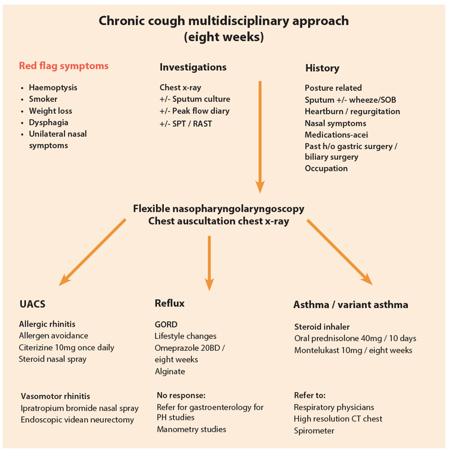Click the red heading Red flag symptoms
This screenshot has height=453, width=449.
point(63,66)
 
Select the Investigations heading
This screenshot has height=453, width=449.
point(193,67)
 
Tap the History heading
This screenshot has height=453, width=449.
point(322,68)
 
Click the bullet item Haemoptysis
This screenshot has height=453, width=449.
point(53,88)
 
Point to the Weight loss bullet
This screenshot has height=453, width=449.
point(51,111)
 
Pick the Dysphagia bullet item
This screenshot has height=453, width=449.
point(48,122)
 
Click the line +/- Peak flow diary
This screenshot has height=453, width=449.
point(194,111)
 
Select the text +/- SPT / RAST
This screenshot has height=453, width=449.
point(186,123)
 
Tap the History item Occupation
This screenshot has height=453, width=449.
point(326,168)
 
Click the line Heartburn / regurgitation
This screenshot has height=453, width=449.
point(352,111)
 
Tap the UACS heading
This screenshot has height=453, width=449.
point(32,304)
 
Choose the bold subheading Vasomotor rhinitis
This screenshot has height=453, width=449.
point(55,396)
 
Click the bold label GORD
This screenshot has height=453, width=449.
point(166,324)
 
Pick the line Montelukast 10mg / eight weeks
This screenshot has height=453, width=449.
point(353,350)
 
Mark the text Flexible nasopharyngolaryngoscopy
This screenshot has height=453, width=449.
point(219,208)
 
